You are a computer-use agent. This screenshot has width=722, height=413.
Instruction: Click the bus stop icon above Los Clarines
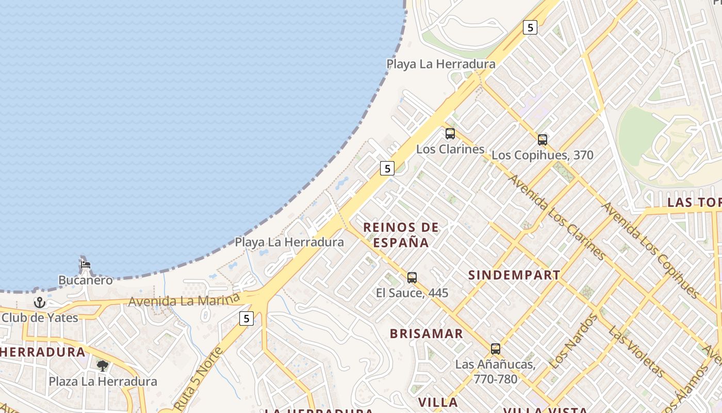tap(450, 134)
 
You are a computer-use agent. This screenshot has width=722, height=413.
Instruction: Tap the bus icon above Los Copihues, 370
tap(542, 139)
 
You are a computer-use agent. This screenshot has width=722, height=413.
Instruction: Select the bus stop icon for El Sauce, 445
tap(412, 278)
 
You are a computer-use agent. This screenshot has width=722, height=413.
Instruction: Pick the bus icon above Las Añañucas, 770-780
tap(495, 349)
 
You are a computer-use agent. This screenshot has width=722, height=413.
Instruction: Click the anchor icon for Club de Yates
tap(40, 303)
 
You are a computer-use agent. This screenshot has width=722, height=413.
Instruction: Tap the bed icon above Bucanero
tap(85, 265)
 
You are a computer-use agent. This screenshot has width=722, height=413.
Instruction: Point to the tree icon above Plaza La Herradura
tap(103, 366)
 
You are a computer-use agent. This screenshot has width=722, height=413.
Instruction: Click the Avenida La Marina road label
tap(184, 300)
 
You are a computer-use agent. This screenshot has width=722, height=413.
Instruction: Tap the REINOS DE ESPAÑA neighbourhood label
tap(401, 235)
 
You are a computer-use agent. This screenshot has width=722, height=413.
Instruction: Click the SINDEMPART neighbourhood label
tap(514, 275)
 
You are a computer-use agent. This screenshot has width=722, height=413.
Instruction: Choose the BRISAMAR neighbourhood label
tap(426, 333)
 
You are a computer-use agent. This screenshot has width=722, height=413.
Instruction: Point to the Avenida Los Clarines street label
tap(556, 217)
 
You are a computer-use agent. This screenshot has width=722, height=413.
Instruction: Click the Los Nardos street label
tap(572, 341)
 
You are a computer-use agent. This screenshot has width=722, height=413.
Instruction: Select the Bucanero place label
tap(85, 280)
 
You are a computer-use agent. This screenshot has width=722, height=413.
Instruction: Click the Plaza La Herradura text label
tap(103, 382)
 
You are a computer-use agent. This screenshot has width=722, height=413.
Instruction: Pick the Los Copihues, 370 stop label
tap(542, 155)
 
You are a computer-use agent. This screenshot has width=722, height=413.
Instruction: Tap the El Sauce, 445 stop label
tap(412, 293)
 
